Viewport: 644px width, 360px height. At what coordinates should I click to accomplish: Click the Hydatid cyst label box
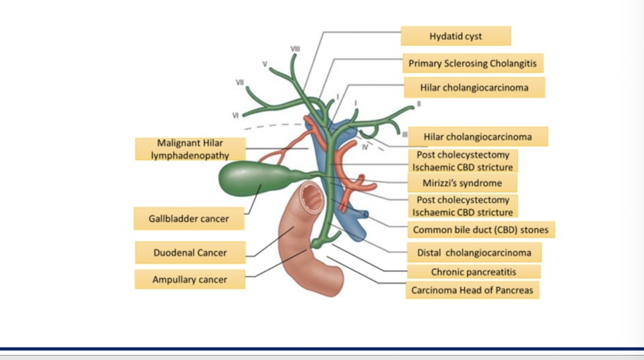tap(456, 36)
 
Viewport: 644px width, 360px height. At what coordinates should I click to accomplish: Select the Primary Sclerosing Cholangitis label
tap(472, 63)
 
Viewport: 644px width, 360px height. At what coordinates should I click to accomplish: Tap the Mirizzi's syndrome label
tap(462, 183)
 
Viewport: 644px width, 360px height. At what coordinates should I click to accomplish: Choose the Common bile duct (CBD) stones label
tap(481, 230)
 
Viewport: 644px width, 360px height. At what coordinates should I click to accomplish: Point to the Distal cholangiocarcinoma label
tap(474, 253)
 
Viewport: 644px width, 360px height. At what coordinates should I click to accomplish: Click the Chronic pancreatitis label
tap(474, 272)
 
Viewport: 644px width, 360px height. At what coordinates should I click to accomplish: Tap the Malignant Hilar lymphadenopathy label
tap(190, 149)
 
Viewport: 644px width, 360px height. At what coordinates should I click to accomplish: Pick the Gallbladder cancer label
tap(188, 219)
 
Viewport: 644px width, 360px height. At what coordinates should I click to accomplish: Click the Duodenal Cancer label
tap(190, 253)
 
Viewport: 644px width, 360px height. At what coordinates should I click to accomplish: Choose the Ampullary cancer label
tap(189, 279)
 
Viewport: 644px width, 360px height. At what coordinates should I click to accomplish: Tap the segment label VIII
tap(295, 49)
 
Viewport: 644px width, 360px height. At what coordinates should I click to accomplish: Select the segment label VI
tap(236, 115)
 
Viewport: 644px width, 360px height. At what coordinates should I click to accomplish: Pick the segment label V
tap(265, 64)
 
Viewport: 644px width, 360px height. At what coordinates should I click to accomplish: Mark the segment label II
tap(419, 103)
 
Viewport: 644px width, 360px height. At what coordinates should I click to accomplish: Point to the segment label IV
tap(365, 147)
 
